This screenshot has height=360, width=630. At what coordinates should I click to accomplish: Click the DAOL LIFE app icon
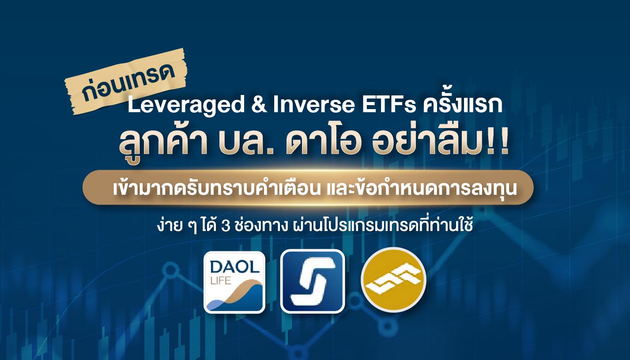click(234, 282)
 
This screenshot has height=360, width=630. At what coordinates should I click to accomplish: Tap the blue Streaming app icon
click(313, 281)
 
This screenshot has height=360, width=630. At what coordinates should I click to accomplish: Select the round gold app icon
click(393, 280)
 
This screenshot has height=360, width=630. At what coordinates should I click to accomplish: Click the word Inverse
click(313, 104)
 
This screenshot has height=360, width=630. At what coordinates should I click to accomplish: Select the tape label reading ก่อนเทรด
click(126, 82)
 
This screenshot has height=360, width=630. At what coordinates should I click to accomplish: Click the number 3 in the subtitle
click(226, 227)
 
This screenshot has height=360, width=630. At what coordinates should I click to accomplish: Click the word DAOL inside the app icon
click(234, 267)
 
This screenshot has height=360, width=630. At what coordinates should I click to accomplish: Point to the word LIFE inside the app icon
click(220, 280)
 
